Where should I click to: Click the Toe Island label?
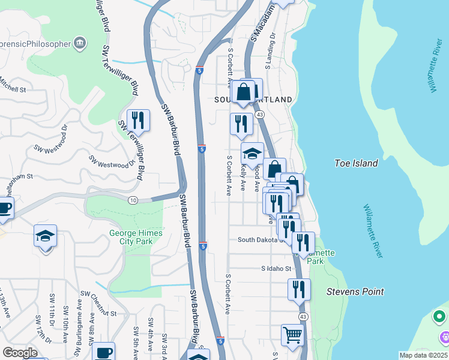pyautogui.click(x=356, y=163)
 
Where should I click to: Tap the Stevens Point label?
pyautogui.click(x=355, y=292)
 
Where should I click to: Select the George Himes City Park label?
pyautogui.click(x=131, y=237)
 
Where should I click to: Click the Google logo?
pyautogui.click(x=20, y=352)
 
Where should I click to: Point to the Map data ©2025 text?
pyautogui.click(x=423, y=355)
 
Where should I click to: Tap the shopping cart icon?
pyautogui.click(x=292, y=335)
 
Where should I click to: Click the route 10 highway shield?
pyautogui.click(x=133, y=200)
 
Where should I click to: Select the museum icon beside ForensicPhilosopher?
pyautogui.click(x=80, y=43)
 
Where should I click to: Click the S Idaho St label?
pyautogui.click(x=276, y=269)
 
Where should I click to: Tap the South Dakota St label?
pyautogui.click(x=259, y=239)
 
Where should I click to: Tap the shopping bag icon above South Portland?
pyautogui.click(x=244, y=92)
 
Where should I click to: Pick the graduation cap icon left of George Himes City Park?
pyautogui.click(x=45, y=236)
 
